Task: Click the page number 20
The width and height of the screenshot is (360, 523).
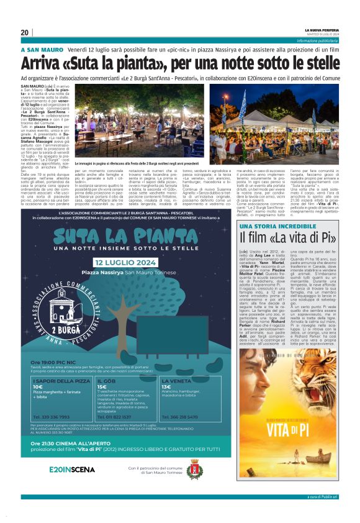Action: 24,32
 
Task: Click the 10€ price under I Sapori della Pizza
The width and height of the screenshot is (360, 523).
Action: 38,386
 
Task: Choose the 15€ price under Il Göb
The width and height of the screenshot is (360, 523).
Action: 101,386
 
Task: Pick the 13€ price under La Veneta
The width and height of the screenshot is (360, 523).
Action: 166,386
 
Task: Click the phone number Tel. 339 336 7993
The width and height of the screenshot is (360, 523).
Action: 52,417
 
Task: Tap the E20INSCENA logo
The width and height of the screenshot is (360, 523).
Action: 72,469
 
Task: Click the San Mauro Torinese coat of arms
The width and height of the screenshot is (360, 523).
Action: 194,470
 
